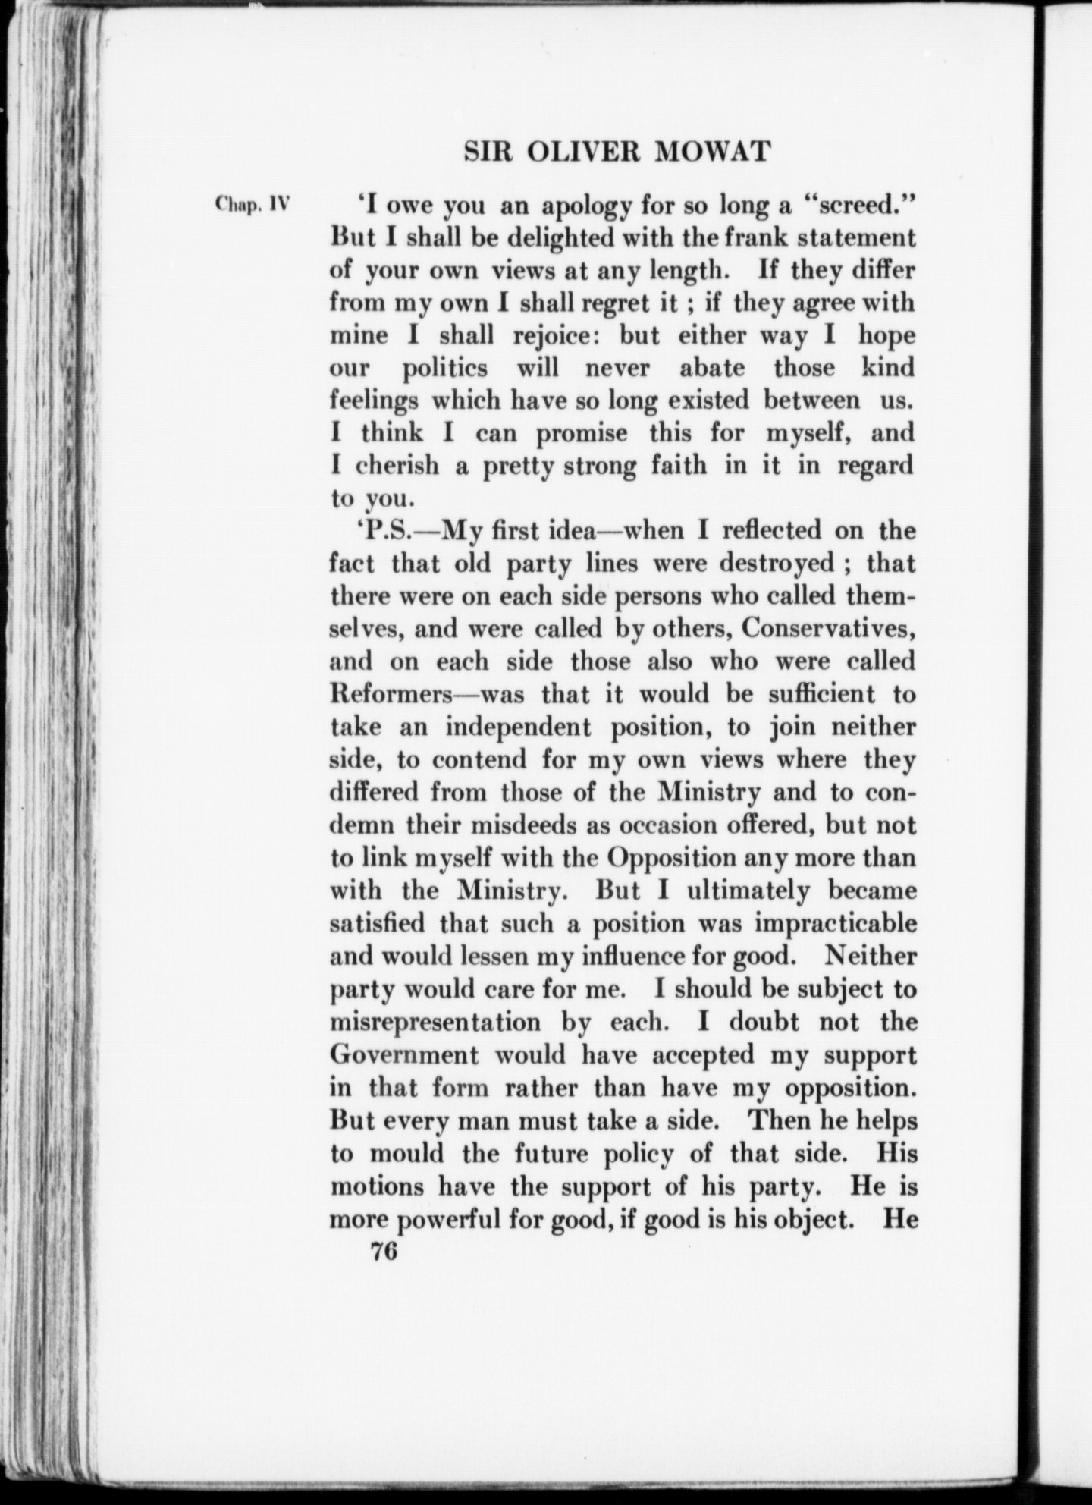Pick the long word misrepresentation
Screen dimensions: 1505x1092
click(436, 1022)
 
